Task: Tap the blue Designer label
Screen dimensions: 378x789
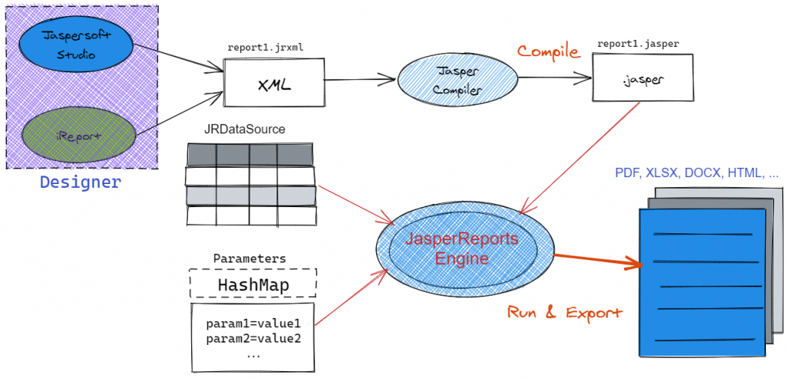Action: pyautogui.click(x=80, y=182)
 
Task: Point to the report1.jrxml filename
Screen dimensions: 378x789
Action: pyautogui.click(x=265, y=47)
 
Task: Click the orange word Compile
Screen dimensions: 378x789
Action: pyautogui.click(x=548, y=52)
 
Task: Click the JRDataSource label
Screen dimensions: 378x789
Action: pyautogui.click(x=245, y=129)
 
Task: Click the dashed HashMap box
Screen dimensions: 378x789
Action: pyautogui.click(x=253, y=285)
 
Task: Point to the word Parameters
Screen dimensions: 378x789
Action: pyautogui.click(x=250, y=258)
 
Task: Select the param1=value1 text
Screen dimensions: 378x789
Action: pyautogui.click(x=253, y=323)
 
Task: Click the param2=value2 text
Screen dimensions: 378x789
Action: pyautogui.click(x=253, y=339)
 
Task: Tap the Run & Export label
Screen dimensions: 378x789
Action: pyautogui.click(x=565, y=313)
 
